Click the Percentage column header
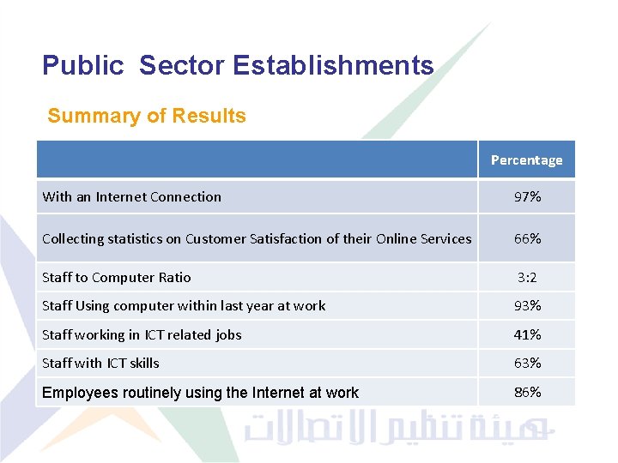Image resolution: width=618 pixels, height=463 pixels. point(526,160)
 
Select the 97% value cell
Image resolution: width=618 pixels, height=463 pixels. point(527,197)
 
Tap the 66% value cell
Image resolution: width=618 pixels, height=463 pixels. point(527,238)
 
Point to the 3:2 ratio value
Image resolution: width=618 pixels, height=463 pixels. point(527,277)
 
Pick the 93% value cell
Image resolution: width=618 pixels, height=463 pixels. point(527,305)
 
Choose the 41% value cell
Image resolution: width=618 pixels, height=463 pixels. point(527,334)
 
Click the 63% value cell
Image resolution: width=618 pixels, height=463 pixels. point(527,363)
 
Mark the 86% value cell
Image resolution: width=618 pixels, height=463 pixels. point(527,392)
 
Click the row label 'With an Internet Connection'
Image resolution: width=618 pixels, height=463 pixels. point(131,197)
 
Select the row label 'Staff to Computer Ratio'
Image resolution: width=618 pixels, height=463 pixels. point(117,277)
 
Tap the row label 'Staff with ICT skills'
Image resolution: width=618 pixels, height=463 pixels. point(100,363)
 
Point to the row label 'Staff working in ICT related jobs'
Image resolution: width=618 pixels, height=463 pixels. point(142,334)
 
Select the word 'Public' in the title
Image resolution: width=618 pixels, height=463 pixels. point(83,65)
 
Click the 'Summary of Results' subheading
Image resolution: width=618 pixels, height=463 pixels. point(147,116)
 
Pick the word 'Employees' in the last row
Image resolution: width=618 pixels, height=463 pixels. point(79,393)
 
